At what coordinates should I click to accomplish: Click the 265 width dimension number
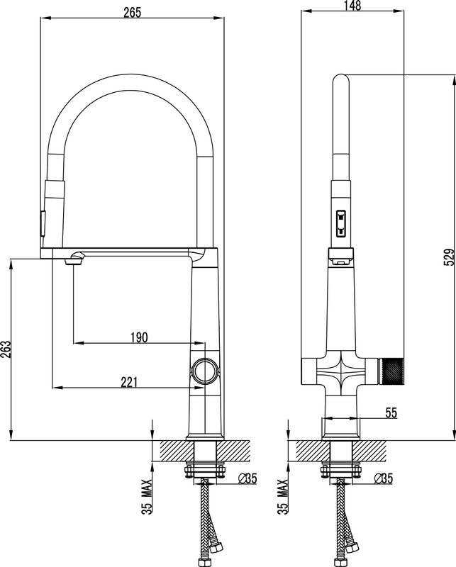click(x=132, y=12)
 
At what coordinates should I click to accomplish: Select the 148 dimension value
click(x=352, y=6)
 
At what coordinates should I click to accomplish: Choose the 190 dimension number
click(x=138, y=337)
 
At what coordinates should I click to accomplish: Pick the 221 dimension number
click(x=129, y=382)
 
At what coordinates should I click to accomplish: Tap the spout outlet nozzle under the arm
click(x=72, y=261)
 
